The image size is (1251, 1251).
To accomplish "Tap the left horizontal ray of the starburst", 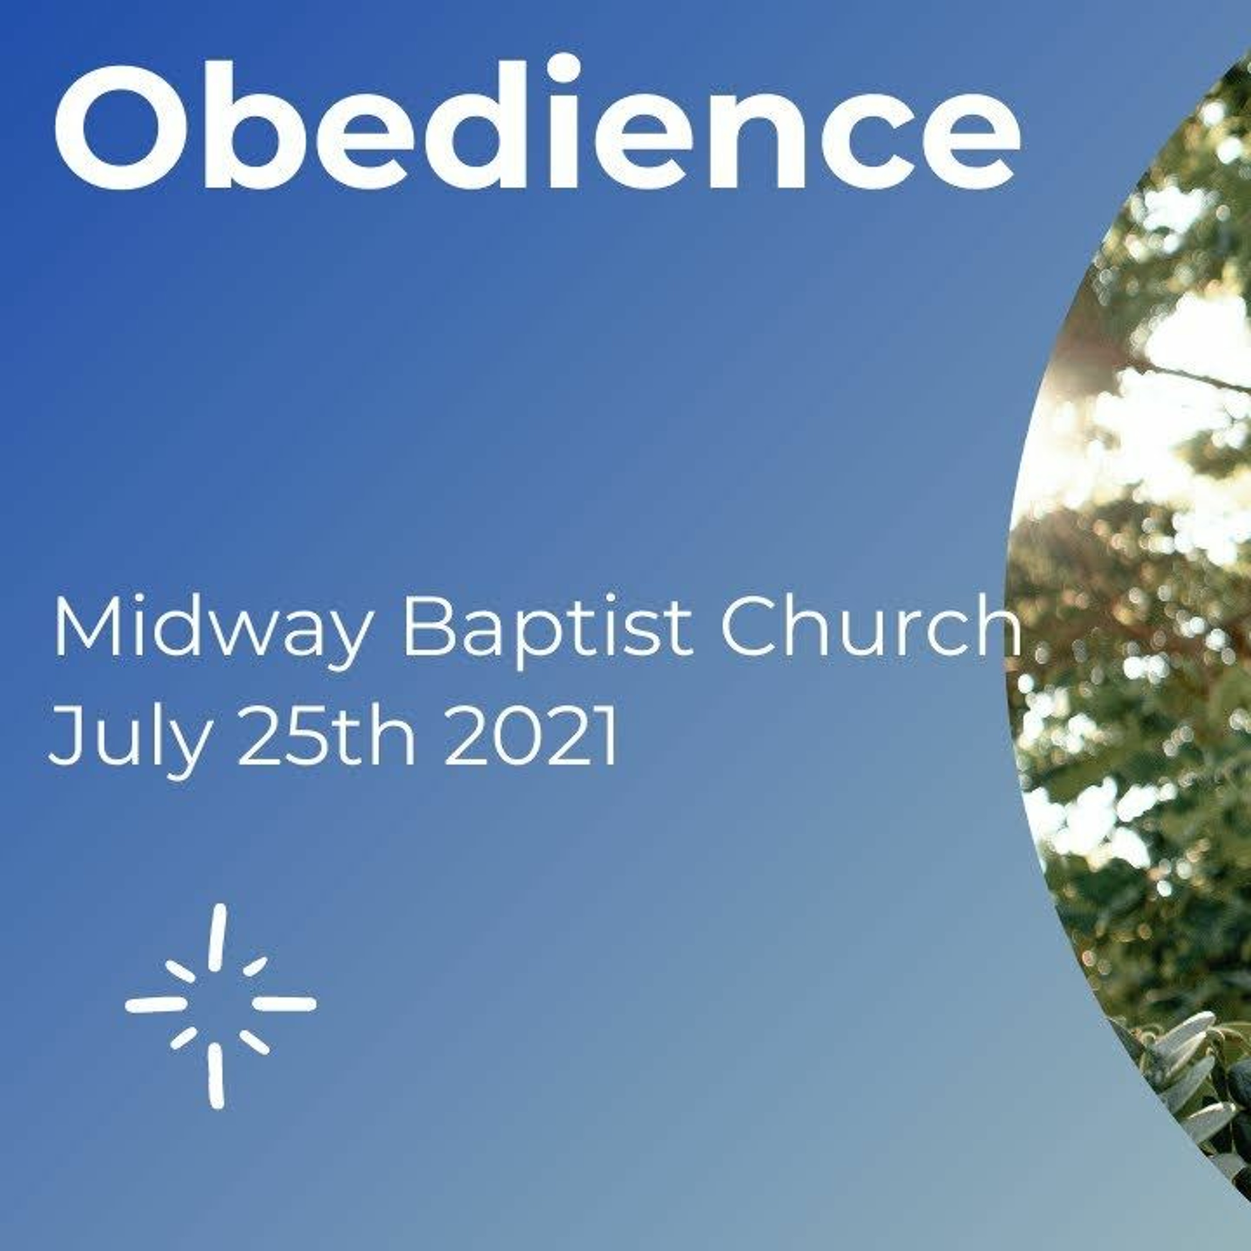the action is [x=156, y=1004].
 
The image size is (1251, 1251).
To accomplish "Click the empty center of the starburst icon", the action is [x=219, y=1004].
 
